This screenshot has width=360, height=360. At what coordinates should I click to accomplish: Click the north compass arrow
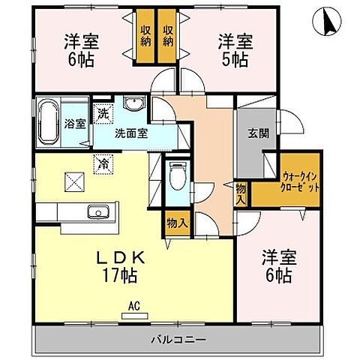tap(327, 22)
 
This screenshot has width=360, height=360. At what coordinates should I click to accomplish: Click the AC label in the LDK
tap(132, 305)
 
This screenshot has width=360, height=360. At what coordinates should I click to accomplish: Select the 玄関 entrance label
tap(256, 135)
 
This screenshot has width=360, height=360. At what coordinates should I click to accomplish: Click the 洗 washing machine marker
tap(103, 115)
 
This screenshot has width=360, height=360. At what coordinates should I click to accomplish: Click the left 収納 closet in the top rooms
tap(145, 36)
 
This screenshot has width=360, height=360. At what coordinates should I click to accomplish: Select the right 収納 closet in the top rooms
tap(169, 36)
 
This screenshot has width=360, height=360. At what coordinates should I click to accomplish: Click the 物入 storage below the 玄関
tap(240, 193)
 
